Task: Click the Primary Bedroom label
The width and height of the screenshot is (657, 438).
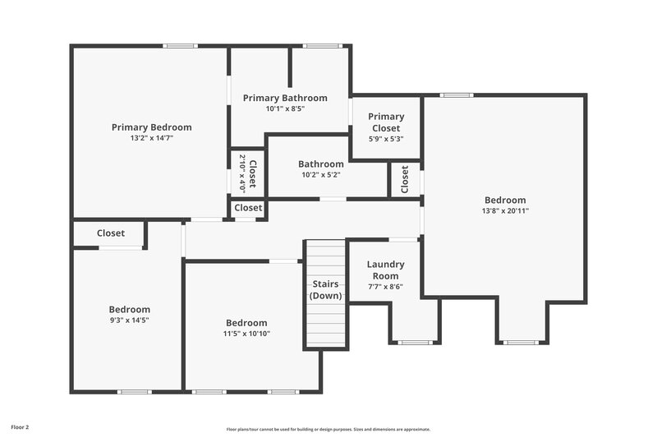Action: pyautogui.click(x=151, y=127)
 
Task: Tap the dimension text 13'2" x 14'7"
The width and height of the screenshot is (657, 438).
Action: pyautogui.click(x=151, y=138)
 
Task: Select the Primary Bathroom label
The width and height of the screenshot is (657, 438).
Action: pyautogui.click(x=285, y=98)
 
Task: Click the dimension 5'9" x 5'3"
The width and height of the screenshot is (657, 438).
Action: pyautogui.click(x=385, y=138)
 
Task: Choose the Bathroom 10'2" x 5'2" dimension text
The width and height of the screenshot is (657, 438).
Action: pyautogui.click(x=320, y=174)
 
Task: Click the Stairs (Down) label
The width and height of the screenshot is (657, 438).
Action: pyautogui.click(x=326, y=290)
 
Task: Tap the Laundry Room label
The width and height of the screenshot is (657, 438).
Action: pyautogui.click(x=385, y=270)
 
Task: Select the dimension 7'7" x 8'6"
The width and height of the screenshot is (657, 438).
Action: pyautogui.click(x=385, y=286)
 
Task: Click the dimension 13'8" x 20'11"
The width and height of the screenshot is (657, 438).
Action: pyautogui.click(x=504, y=210)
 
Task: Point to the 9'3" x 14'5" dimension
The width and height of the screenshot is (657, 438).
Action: pyautogui.click(x=130, y=320)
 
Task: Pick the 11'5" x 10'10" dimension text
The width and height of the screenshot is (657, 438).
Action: pyautogui.click(x=246, y=334)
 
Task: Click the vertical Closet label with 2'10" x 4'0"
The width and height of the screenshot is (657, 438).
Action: pyautogui.click(x=247, y=172)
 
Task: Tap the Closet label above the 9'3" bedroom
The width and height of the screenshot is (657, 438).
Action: pyautogui.click(x=111, y=233)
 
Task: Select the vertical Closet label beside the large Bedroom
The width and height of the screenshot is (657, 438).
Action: pyautogui.click(x=404, y=180)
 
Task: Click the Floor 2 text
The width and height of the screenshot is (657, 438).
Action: pyautogui.click(x=20, y=427)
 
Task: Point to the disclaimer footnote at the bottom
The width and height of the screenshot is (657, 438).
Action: pyautogui.click(x=328, y=429)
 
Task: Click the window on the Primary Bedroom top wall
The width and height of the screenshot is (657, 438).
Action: pyautogui.click(x=180, y=46)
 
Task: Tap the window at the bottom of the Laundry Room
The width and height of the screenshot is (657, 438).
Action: pyautogui.click(x=415, y=342)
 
